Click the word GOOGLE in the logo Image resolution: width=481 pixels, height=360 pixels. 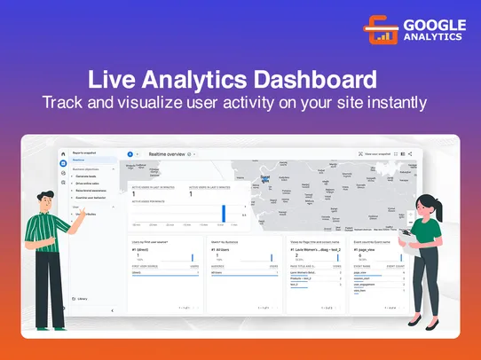435,25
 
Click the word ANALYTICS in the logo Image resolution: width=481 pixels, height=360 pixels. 435,37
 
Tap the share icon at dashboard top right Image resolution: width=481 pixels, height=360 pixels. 410,154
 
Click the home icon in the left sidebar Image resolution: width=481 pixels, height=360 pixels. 63,154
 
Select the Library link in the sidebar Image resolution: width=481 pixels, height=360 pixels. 82,299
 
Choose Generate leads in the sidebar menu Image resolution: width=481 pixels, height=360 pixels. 86,177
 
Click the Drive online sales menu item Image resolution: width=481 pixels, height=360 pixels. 87,184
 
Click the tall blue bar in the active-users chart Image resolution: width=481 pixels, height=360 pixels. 224,213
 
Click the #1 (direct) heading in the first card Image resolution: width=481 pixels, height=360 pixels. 141,251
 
